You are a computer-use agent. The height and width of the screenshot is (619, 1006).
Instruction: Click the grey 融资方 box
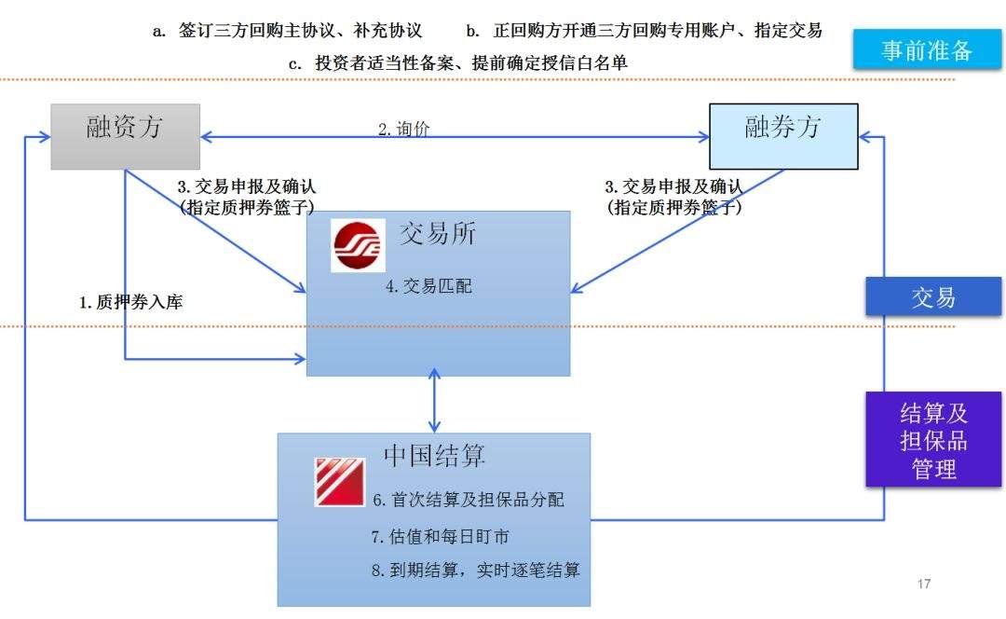[x=125, y=136]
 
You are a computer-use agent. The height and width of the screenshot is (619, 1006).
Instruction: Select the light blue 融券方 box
[x=783, y=136]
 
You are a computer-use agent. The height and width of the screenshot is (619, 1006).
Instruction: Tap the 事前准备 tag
[x=927, y=50]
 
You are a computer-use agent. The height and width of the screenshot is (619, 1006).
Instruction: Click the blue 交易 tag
[x=933, y=297]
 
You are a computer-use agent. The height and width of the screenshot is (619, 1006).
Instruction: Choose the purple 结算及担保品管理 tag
[x=933, y=439]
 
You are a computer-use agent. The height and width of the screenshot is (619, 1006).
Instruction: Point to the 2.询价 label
[x=404, y=130]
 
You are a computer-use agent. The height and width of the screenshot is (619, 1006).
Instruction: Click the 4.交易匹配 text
[x=428, y=286]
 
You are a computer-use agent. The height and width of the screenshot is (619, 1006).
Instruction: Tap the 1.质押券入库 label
[x=138, y=301]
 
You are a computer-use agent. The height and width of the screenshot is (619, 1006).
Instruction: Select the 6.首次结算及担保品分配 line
[x=469, y=500]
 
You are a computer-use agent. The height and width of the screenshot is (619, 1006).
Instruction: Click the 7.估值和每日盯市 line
[x=440, y=536]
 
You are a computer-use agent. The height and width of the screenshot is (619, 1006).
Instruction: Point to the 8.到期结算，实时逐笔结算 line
[x=475, y=570]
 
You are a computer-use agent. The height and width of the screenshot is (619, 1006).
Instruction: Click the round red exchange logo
[x=359, y=245]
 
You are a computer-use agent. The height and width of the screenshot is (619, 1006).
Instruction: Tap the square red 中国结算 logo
[x=339, y=482]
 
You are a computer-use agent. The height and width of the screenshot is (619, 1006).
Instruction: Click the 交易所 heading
[x=438, y=234]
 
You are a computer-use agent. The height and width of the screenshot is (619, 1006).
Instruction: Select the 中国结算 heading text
[x=434, y=455]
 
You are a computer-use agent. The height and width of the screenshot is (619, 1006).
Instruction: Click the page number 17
[x=924, y=585]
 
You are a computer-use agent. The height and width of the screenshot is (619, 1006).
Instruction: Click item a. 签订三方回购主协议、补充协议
[x=288, y=31]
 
